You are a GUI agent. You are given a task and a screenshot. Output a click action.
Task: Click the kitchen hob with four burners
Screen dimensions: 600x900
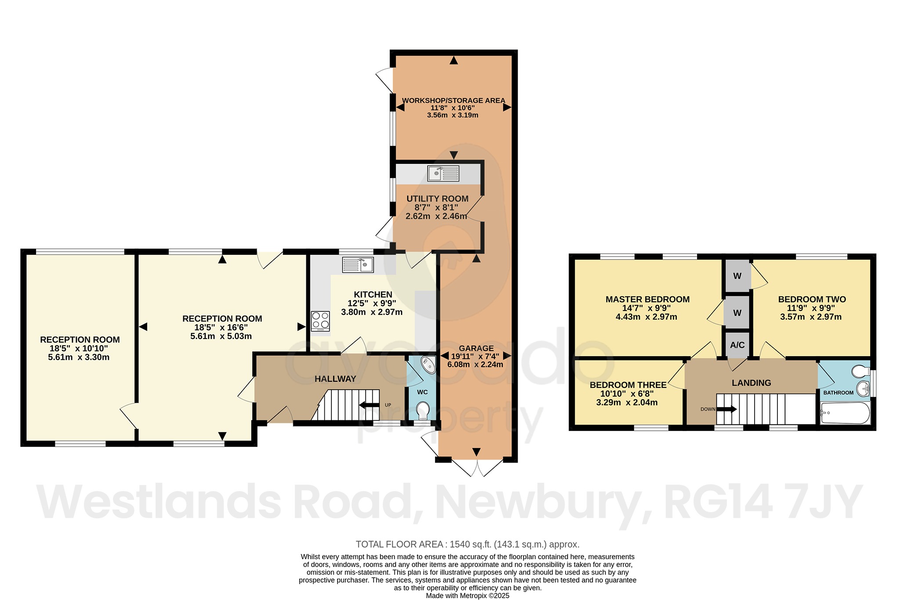(320, 321)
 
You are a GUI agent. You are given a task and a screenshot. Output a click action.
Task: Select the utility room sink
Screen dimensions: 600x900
(443, 173)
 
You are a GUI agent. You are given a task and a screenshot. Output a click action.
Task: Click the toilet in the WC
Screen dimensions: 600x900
(422, 410)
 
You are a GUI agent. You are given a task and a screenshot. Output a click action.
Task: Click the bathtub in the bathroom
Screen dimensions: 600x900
(845, 413)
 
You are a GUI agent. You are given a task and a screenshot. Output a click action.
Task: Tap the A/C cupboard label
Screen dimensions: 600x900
(737, 345)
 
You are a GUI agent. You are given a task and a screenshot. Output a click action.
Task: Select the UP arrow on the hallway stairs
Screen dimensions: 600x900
(370, 405)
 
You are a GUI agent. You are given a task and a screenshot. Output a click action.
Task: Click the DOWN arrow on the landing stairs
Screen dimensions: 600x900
(726, 409)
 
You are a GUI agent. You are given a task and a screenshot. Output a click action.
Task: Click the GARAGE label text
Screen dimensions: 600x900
(476, 348)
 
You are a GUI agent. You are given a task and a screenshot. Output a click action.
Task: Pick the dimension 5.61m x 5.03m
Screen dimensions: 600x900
(221, 336)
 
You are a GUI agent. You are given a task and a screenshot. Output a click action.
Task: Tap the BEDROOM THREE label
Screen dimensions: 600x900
(628, 385)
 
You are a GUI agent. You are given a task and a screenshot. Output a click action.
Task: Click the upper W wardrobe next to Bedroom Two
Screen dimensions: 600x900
(737, 276)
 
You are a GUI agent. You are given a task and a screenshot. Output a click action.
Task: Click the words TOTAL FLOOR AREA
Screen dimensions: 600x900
(399, 544)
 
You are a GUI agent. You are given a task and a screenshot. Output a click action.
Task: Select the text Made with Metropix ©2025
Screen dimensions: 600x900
(467, 596)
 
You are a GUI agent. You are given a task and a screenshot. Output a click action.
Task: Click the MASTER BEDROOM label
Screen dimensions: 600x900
(647, 300)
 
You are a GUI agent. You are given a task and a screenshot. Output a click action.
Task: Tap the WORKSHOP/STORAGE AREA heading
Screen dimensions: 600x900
(454, 101)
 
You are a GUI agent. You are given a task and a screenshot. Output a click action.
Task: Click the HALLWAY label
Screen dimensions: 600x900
(335, 379)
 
